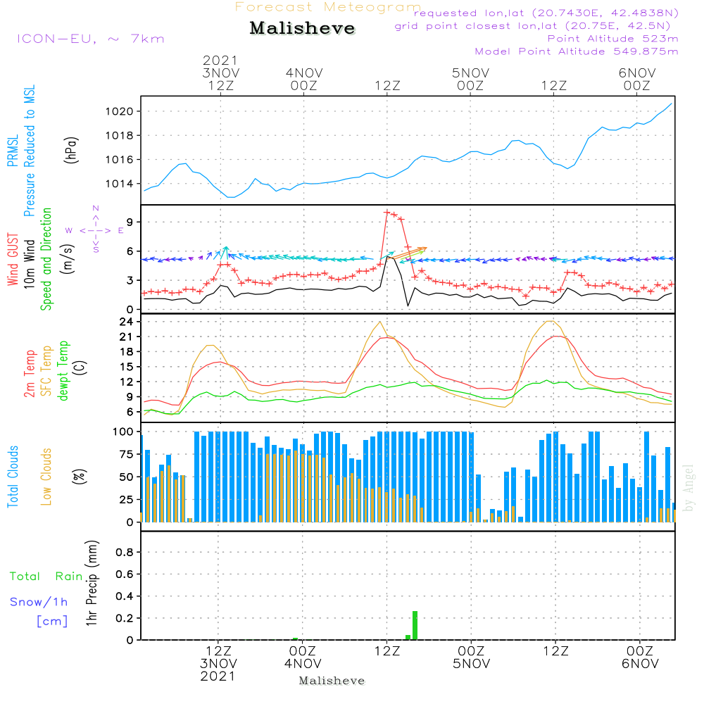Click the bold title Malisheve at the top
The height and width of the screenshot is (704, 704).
[302, 28]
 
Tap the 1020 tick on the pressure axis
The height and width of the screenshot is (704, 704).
[120, 111]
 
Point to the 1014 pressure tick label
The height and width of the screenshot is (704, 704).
[120, 184]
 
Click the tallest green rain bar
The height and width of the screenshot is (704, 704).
[415, 625]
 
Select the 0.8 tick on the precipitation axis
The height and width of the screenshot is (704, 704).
[125, 552]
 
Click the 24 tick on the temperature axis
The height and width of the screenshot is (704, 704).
[126, 322]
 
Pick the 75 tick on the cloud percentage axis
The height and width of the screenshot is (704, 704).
[123, 454]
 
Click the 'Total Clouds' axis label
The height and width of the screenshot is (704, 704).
[13, 477]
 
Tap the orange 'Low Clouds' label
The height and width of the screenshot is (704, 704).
[46, 477]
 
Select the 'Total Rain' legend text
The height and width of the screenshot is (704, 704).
[46, 577]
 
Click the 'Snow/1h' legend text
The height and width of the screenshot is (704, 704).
[39, 602]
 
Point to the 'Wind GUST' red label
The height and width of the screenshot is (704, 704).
[13, 259]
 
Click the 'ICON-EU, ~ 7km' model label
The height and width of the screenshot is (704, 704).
[91, 39]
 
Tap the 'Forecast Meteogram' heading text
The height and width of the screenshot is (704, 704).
[328, 7]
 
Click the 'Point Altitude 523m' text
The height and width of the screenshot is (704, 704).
[613, 39]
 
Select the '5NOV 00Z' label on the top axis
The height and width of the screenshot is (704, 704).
[470, 79]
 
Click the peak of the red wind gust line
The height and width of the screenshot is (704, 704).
[386, 212]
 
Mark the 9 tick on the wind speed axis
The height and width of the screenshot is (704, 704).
[130, 222]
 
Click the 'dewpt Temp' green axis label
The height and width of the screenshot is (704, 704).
[63, 370]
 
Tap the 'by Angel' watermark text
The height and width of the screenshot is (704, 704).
[689, 488]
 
